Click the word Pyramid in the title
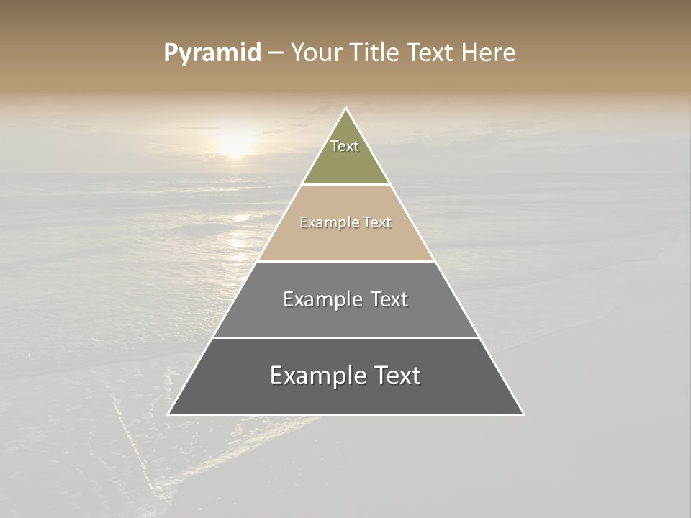click(x=212, y=53)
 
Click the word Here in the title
click(x=488, y=53)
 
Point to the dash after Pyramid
click(x=275, y=53)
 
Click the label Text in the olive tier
click(x=345, y=146)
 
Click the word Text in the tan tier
click(x=377, y=222)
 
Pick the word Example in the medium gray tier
click(x=322, y=299)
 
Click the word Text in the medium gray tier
click(x=389, y=299)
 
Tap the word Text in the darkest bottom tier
click(x=397, y=376)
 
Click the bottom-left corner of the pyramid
click(x=168, y=414)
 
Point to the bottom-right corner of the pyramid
click(x=523, y=414)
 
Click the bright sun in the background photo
click(x=235, y=141)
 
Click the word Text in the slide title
click(x=432, y=53)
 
